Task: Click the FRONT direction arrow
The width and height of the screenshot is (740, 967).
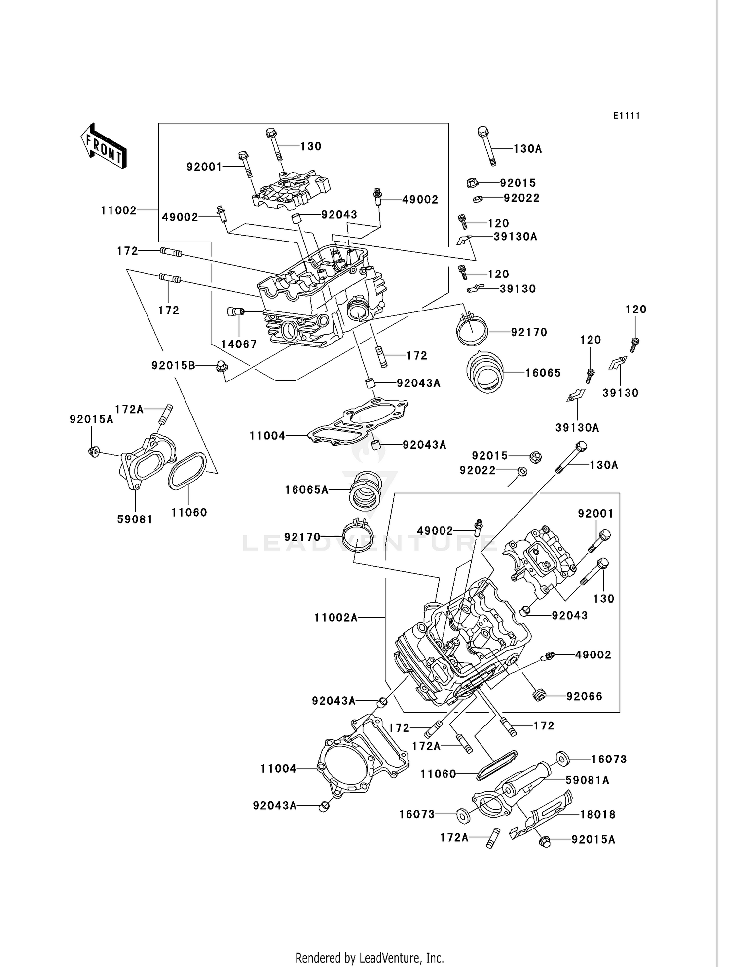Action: pos(104,147)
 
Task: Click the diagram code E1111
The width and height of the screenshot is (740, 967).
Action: pos(627,116)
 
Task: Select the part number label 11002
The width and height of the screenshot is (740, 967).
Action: pos(118,210)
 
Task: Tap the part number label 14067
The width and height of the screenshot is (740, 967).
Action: pos(239,345)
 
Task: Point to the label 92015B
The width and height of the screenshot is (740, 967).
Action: pos(173,365)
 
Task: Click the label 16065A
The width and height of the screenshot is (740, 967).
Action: pos(306,490)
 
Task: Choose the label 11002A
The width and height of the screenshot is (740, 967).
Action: pos(335,617)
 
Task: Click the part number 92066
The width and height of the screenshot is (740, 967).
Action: pos(584,696)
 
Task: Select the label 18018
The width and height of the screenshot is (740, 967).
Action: pos(597,815)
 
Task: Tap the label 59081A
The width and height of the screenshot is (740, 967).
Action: pos(587,780)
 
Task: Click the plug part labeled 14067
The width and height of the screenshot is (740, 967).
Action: pos(235,311)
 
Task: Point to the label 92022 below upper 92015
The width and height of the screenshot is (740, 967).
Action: pos(521,198)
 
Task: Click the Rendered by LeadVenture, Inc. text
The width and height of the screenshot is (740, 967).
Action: pos(370,958)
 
